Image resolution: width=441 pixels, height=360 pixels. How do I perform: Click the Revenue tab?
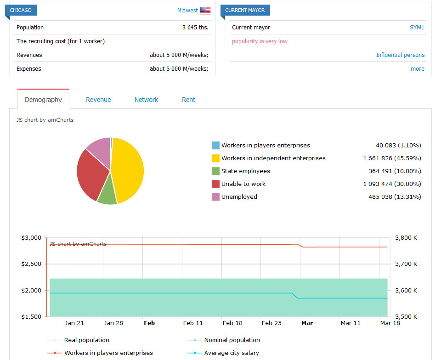pyautogui.click(x=98, y=100)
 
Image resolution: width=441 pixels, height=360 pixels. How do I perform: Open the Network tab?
pyautogui.click(x=146, y=100)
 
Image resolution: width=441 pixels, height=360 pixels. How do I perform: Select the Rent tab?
pyautogui.click(x=188, y=100)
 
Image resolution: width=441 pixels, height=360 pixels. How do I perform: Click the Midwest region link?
pyautogui.click(x=187, y=11)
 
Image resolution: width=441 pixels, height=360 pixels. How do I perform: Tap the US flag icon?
pyautogui.click(x=205, y=11)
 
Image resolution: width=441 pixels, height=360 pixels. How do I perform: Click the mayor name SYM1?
pyautogui.click(x=417, y=27)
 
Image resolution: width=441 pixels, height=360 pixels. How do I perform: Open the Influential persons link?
pyautogui.click(x=400, y=55)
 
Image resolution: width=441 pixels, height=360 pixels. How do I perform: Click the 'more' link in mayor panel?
pyautogui.click(x=418, y=68)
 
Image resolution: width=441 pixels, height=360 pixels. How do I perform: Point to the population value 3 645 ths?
pyautogui.click(x=195, y=27)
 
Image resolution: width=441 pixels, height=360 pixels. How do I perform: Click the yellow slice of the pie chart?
pyautogui.click(x=128, y=169)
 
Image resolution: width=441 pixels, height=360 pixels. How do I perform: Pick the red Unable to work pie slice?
pyautogui.click(x=91, y=174)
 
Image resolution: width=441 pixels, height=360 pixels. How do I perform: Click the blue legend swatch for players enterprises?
pyautogui.click(x=215, y=145)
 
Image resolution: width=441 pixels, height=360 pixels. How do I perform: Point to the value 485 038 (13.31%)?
pyautogui.click(x=395, y=197)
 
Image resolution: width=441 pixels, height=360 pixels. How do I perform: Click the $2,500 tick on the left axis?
pyautogui.click(x=31, y=264)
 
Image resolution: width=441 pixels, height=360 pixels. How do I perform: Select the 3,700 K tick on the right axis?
pyautogui.click(x=406, y=264)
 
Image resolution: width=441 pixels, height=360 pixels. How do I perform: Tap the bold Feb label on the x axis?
pyautogui.click(x=149, y=323)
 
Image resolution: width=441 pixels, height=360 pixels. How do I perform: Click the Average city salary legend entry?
pyautogui.click(x=223, y=353)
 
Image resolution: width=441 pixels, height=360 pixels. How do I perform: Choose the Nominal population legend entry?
pyautogui.click(x=224, y=340)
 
